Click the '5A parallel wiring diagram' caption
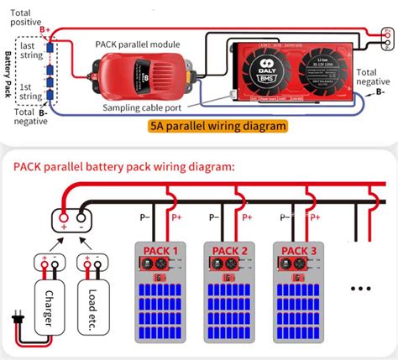[x=217, y=126]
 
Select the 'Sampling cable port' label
[x=145, y=108]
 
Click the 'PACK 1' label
[x=160, y=250]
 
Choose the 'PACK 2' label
[x=229, y=250]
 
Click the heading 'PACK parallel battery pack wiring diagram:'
[x=123, y=166]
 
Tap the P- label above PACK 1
[x=145, y=217]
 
